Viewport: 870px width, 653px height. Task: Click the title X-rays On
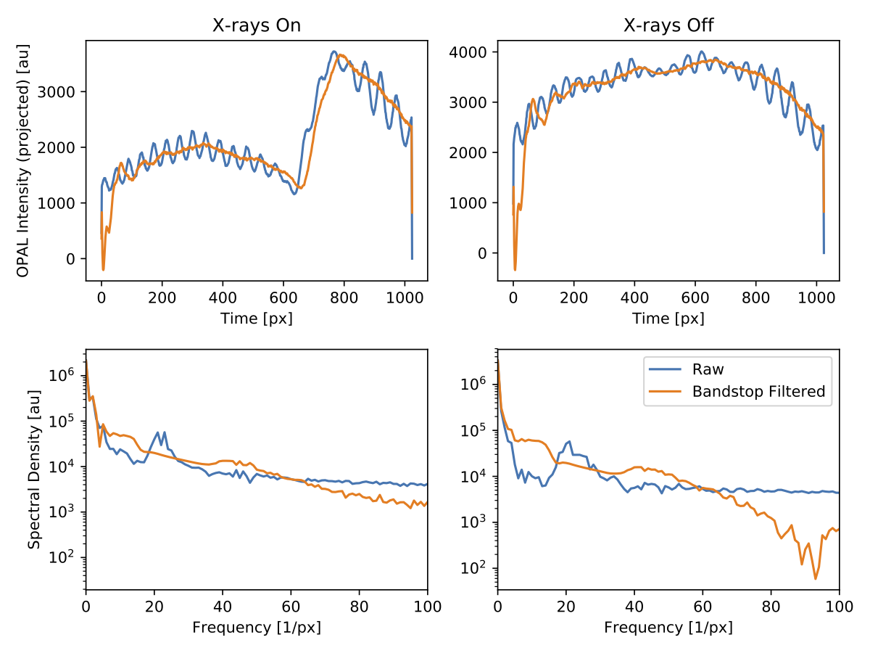pyautogui.click(x=257, y=26)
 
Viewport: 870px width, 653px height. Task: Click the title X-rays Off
pyautogui.click(x=668, y=26)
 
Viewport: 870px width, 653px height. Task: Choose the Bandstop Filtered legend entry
pyautogui.click(x=758, y=392)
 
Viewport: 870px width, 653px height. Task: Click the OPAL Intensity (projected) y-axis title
pyautogui.click(x=23, y=160)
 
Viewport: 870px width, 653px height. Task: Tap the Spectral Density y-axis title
pyautogui.click(x=33, y=469)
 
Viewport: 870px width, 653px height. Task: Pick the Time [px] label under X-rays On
pyautogui.click(x=257, y=319)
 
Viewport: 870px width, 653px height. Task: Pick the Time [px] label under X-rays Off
pyautogui.click(x=668, y=319)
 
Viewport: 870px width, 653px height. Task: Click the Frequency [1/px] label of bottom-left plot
pyautogui.click(x=257, y=627)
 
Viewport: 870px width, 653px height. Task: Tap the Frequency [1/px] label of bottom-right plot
pyautogui.click(x=668, y=627)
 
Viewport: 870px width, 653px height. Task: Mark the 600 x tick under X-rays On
pyautogui.click(x=283, y=297)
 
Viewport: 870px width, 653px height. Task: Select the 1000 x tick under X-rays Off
pyautogui.click(x=816, y=297)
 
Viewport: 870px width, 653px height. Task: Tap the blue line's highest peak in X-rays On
pyautogui.click(x=333, y=52)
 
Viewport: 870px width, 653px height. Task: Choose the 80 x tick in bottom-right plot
pyautogui.click(x=771, y=606)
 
